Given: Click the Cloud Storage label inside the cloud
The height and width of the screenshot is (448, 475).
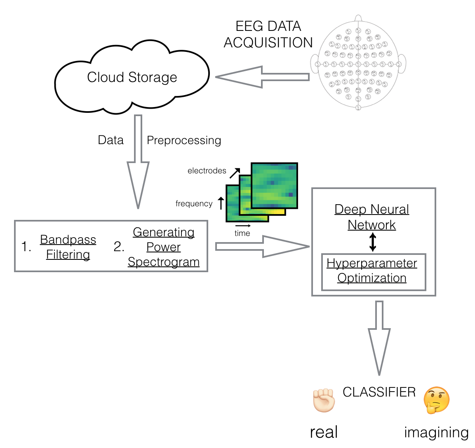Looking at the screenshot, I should coord(132,77).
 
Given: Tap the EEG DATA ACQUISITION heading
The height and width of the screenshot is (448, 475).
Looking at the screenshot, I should coord(268,35).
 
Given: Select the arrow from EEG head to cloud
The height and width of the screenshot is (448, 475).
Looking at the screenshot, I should coord(261,77).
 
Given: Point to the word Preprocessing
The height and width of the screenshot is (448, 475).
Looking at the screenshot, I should coord(184,140).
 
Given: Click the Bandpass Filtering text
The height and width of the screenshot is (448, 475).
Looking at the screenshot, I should coord(68,247).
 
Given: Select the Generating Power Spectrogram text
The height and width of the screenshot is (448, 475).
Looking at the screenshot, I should coord(164,247).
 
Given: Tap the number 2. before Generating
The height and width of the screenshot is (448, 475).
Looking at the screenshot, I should coord(119,247).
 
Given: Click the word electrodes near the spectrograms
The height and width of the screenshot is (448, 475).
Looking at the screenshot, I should coord(207,170).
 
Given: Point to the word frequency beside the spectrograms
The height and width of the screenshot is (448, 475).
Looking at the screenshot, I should coord(194,203).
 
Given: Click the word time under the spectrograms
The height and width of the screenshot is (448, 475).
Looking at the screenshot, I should coord(242,233).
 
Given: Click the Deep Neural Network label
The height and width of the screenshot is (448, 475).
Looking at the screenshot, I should coord(372,217).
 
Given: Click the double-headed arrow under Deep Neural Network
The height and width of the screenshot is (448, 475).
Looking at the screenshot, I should coord(373,242).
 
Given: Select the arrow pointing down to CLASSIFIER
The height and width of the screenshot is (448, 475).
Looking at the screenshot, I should coord(379,338).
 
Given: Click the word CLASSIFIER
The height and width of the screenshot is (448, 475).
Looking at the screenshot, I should coord(379,392).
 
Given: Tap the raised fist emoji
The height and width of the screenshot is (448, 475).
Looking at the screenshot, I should coord(324,400).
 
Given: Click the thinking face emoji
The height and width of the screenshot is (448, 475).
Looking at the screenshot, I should coord(436,400).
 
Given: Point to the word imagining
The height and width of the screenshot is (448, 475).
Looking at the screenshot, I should coord(436,432).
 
